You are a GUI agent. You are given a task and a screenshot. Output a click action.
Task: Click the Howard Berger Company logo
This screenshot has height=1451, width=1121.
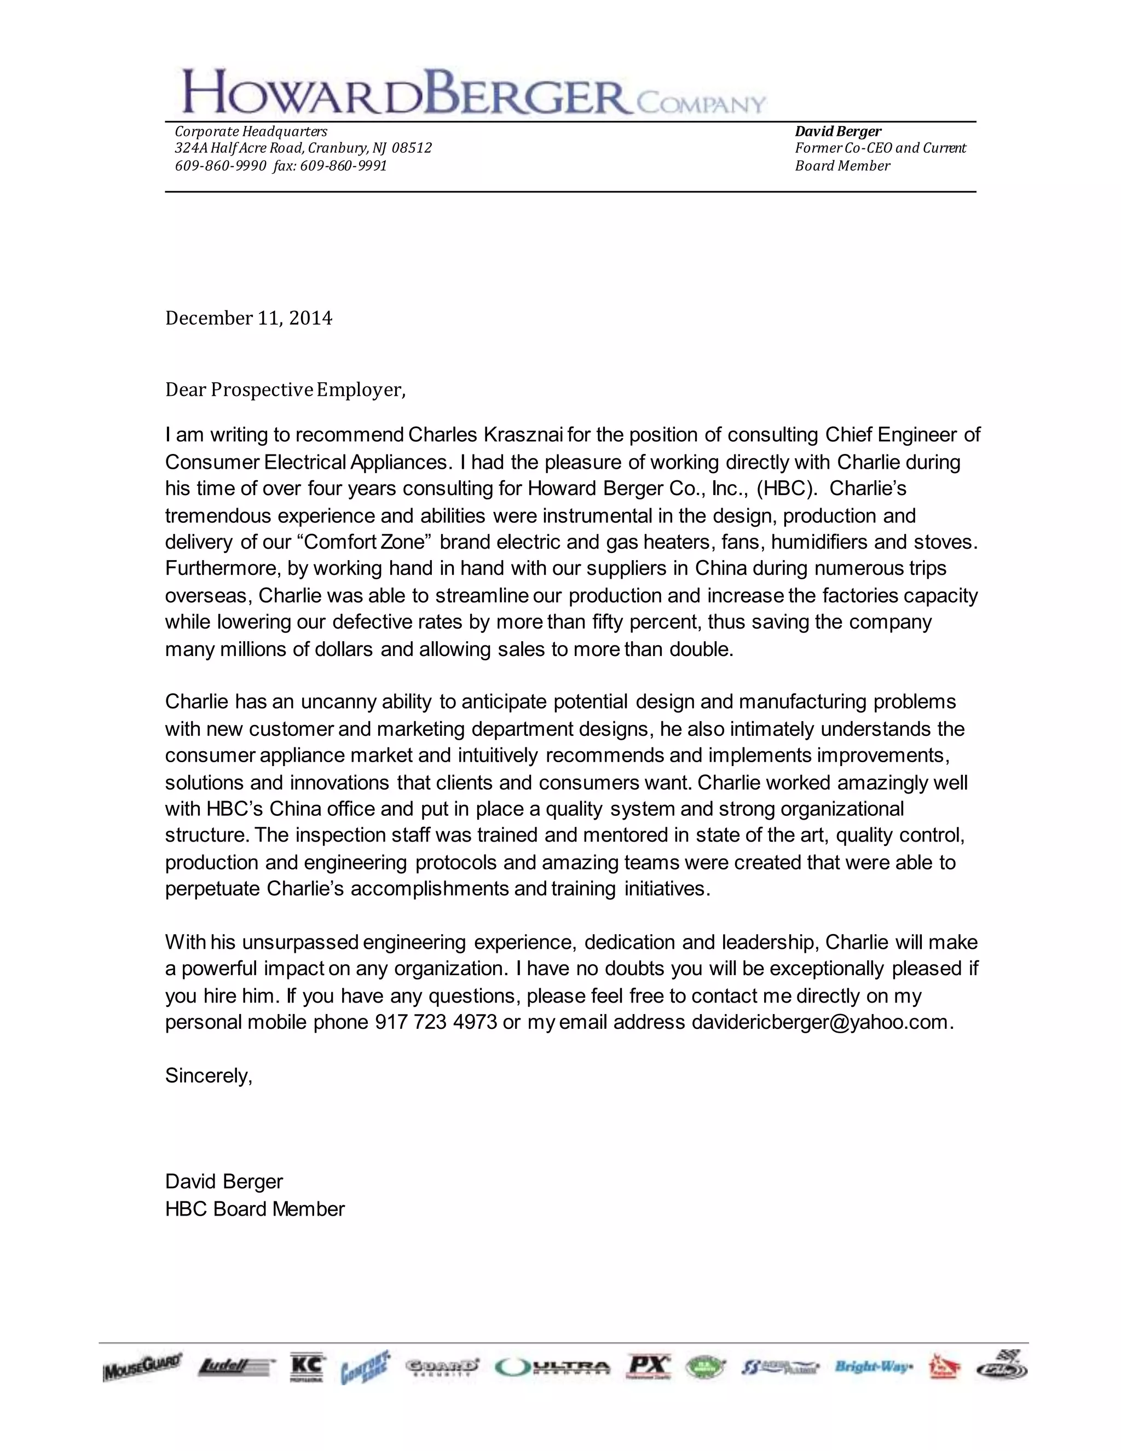[x=473, y=91]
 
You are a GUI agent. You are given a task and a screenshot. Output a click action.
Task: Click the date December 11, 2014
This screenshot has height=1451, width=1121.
[x=249, y=318]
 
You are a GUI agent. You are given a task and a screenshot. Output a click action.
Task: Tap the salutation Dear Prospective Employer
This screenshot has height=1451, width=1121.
[x=285, y=389]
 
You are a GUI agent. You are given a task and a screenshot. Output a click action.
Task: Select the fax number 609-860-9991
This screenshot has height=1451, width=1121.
[x=343, y=165]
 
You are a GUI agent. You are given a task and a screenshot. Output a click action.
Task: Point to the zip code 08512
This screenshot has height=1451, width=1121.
[x=412, y=147]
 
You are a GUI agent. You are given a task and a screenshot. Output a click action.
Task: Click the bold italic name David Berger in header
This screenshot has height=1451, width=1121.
[x=838, y=131]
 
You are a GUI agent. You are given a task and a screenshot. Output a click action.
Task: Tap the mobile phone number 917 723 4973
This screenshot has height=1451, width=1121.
[x=436, y=1022]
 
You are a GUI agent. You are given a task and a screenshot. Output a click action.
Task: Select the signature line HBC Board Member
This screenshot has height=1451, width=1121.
[x=255, y=1208]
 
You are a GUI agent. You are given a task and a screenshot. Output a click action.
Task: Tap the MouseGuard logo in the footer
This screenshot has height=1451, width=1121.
[x=142, y=1367]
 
